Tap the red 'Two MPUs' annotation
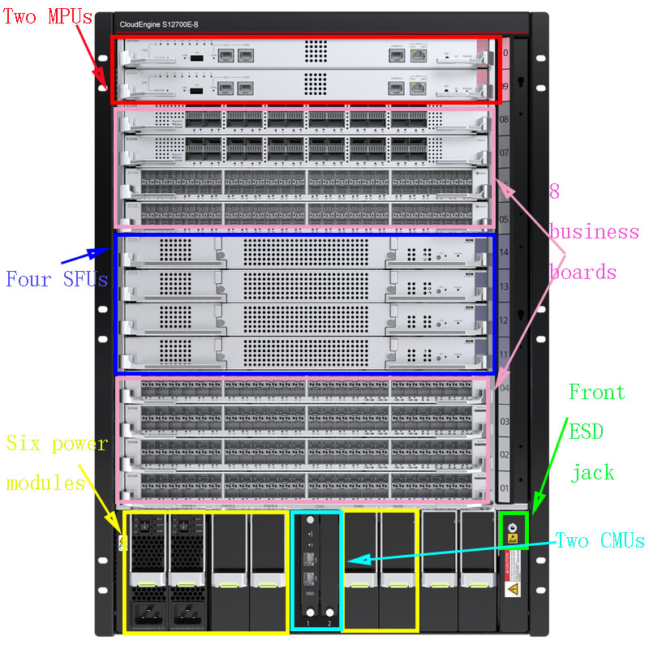pos(42,16)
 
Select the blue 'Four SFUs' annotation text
pos(57,280)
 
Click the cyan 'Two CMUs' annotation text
pos(600,540)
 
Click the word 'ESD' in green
pos(586,432)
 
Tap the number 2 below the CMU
pos(329,622)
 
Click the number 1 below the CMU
pos(310,622)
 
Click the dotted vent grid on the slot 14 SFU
pos(304,252)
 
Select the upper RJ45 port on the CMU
pos(310,557)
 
